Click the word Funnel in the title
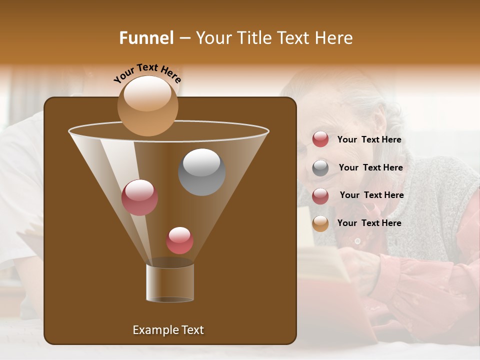[x=146, y=38]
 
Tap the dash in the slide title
[x=184, y=38]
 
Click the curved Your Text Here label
[x=147, y=72]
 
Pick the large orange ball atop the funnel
[x=147, y=106]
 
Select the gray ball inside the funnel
[x=201, y=172]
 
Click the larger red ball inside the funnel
[x=139, y=197]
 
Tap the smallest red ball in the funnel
[x=179, y=240]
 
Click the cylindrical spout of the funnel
[x=170, y=283]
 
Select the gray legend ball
[x=320, y=168]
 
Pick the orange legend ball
[x=320, y=223]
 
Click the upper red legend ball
[x=320, y=139]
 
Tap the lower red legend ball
[x=320, y=196]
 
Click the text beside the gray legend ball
[x=370, y=167]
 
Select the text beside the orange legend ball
[x=369, y=223]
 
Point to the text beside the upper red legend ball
[x=369, y=139]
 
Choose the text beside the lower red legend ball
[x=371, y=195]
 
